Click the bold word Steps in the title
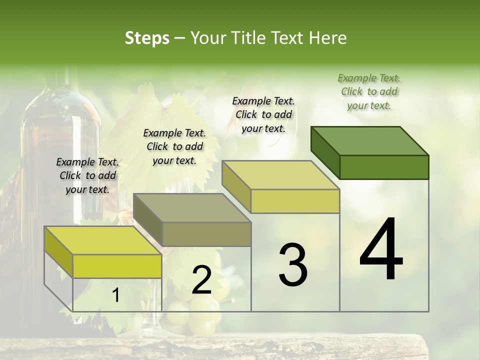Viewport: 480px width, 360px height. tap(147, 38)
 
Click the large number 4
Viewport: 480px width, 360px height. tap(381, 250)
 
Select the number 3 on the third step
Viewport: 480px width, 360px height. tap(292, 265)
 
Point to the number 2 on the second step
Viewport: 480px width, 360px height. tap(201, 280)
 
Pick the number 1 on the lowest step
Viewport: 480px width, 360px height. tap(115, 295)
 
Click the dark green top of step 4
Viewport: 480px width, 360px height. tap(370, 140)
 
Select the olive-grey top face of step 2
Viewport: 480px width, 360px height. tap(192, 208)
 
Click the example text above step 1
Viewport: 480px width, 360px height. tap(87, 175)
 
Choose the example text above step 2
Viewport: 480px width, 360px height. tap(174, 146)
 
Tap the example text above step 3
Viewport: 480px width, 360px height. tap(263, 114)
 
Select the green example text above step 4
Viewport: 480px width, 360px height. tap(369, 91)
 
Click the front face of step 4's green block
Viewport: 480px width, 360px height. tap(384, 167)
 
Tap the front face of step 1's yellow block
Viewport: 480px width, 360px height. tap(117, 266)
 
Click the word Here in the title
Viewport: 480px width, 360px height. tap(328, 38)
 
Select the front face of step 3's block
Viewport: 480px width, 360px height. tap(295, 201)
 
